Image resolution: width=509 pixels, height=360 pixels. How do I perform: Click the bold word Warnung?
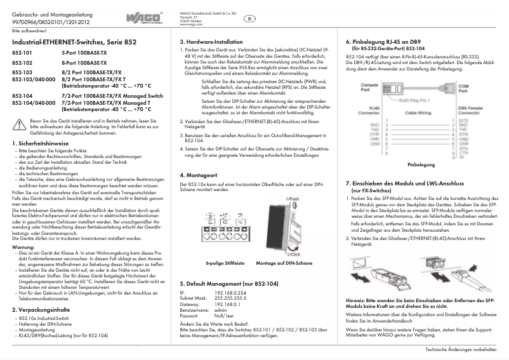pos(23,246)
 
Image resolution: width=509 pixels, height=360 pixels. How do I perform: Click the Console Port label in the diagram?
pos(369,86)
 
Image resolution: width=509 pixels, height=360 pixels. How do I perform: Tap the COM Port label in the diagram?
pos(463,86)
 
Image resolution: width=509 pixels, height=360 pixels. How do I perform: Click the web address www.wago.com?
pos(190,25)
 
